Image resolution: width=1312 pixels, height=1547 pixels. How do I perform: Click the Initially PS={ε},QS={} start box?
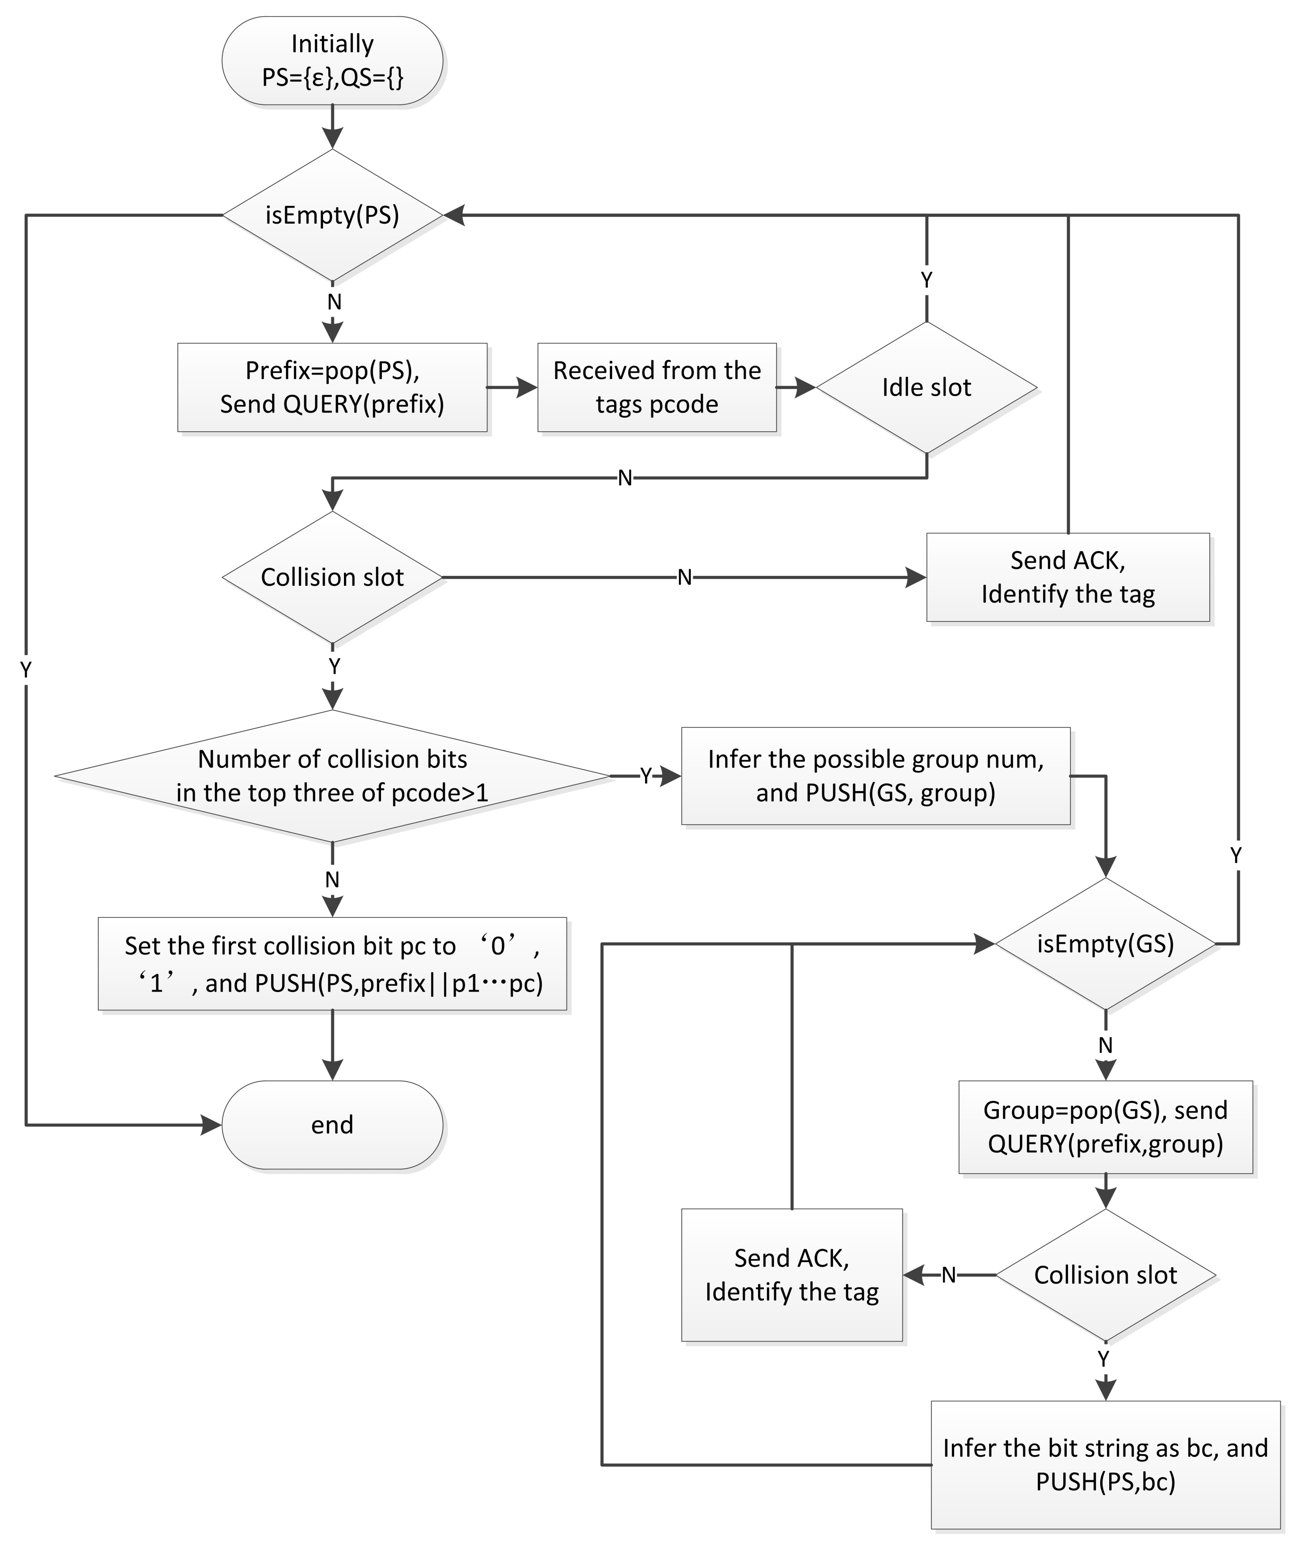(332, 61)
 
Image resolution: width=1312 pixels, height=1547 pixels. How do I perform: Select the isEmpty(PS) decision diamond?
(332, 216)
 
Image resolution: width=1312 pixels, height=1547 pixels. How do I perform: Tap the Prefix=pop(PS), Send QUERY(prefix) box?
(332, 387)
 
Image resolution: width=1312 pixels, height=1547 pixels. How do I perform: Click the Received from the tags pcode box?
(657, 387)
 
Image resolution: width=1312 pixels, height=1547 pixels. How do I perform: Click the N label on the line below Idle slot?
(625, 478)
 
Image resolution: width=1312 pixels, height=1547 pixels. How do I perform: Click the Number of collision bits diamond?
(332, 776)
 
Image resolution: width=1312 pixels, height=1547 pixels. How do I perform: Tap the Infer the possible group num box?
(876, 776)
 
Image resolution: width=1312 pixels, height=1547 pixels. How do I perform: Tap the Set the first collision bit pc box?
(332, 964)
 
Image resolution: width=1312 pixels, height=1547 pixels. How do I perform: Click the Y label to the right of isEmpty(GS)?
(1236, 855)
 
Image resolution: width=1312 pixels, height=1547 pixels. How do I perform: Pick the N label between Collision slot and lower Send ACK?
(948, 1276)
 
